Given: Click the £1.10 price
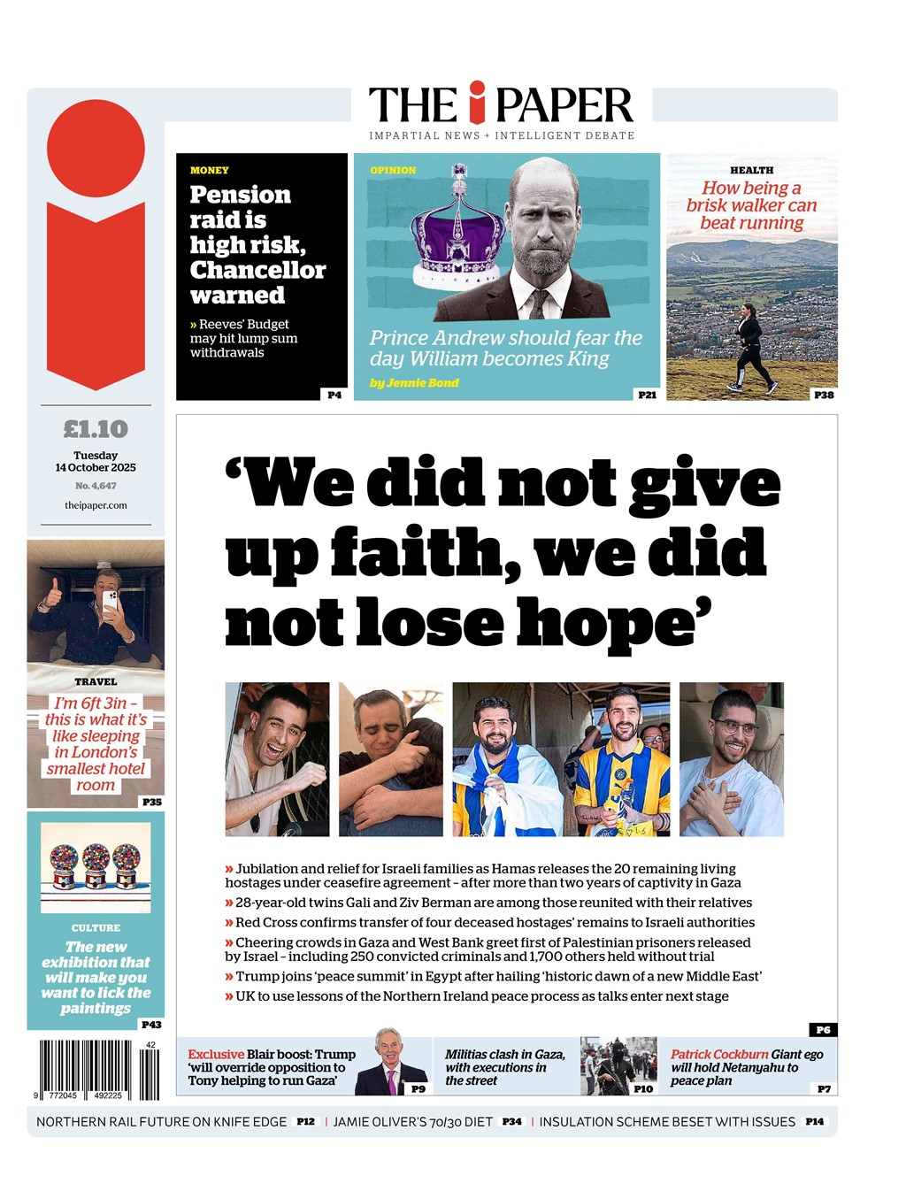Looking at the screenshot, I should [96, 429].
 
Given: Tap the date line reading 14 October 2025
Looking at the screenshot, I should [96, 467].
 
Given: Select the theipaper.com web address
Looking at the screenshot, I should [96, 505].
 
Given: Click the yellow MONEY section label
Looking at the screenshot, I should [210, 170].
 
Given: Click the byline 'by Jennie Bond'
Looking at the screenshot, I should [414, 383].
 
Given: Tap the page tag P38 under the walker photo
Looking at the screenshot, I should [824, 395].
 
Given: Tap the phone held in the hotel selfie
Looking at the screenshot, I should [110, 602].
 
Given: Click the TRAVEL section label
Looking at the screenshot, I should [96, 681].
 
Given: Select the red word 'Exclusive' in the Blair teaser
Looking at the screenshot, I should [216, 1054].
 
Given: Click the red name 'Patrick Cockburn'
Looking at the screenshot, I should [719, 1054].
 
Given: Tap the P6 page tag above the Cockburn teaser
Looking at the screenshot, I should [823, 1030].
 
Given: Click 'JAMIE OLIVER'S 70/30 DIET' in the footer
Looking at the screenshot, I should [412, 1122].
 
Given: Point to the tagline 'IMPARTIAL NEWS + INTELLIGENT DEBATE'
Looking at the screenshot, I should [502, 135].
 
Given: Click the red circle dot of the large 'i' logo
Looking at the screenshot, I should [96, 148].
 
